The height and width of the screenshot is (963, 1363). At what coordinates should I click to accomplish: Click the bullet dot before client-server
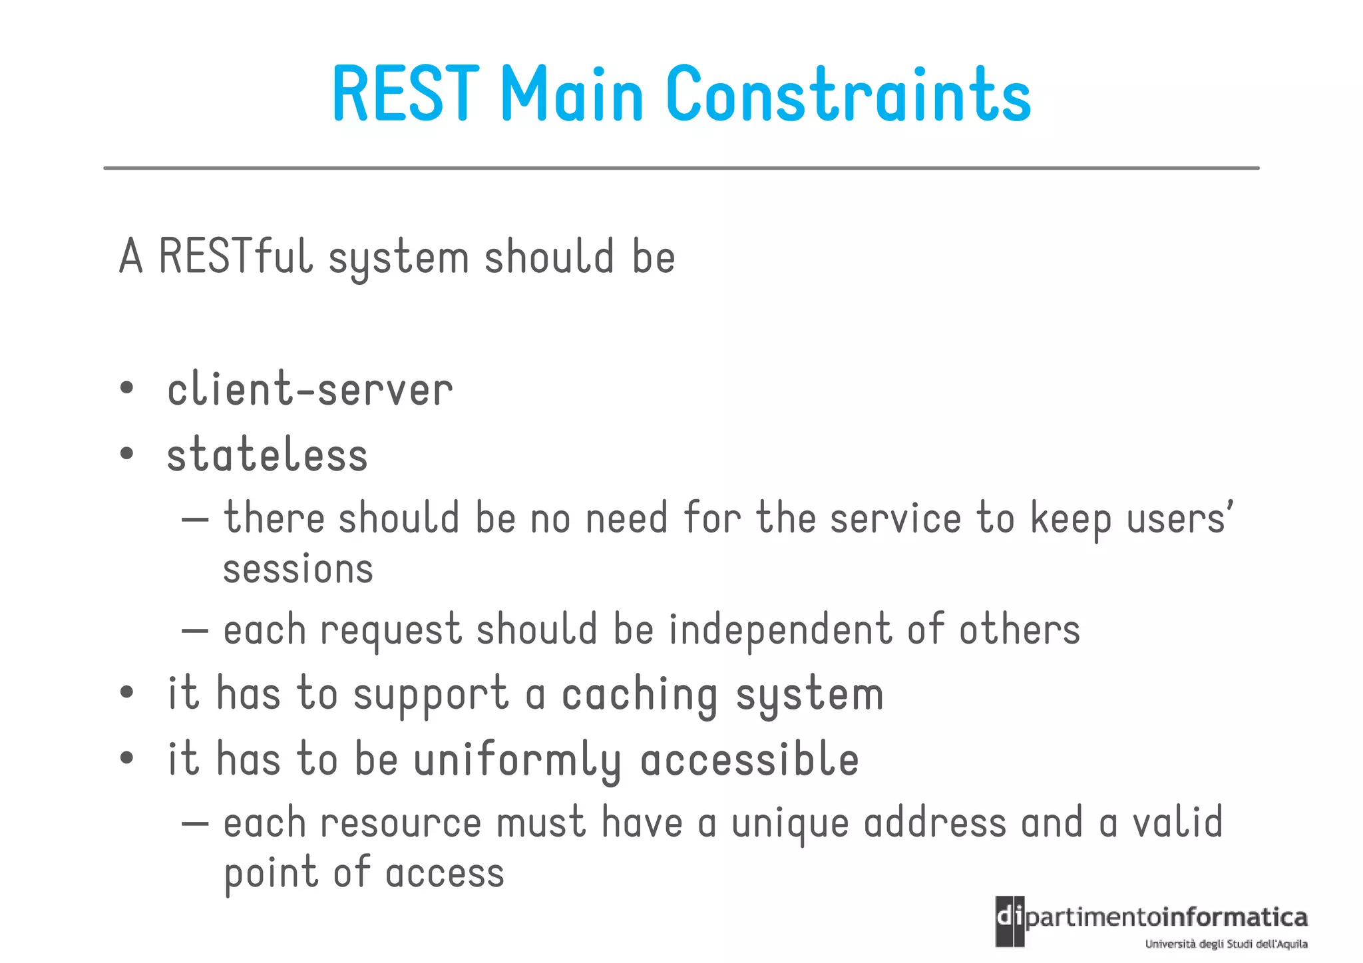point(126,388)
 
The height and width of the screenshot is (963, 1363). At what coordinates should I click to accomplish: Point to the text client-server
point(309,389)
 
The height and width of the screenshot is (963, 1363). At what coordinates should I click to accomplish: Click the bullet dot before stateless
point(126,454)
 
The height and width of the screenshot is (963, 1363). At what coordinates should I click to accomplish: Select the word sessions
point(297,570)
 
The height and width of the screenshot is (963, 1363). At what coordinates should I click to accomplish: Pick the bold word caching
point(640,695)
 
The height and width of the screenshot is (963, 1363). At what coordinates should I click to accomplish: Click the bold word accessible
point(749,759)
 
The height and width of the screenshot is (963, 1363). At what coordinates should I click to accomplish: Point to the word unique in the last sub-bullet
point(790,824)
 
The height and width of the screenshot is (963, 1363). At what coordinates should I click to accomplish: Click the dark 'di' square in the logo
point(1010,921)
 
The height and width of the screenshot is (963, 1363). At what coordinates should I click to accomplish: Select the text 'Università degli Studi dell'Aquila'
point(1226,944)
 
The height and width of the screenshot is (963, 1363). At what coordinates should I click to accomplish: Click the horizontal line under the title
point(681,168)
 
